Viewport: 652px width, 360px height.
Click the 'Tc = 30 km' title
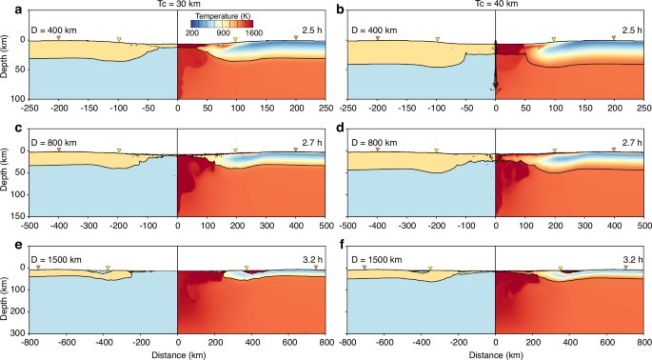point(178,6)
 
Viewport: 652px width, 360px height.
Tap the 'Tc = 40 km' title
point(496,6)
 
